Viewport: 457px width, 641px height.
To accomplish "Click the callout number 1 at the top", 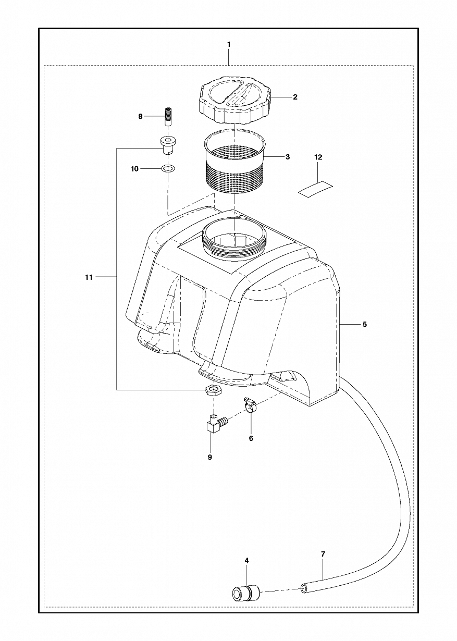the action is tap(229, 44).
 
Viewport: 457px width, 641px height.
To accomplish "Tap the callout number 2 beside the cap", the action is tap(295, 97).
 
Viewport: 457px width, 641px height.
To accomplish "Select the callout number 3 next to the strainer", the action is tap(288, 157).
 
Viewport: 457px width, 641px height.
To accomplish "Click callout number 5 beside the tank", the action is tap(365, 324).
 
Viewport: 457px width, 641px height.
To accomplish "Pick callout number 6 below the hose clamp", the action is tap(251, 438).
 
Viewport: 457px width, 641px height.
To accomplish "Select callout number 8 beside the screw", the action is tap(140, 116).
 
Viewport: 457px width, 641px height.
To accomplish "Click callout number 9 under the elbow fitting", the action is tap(210, 457).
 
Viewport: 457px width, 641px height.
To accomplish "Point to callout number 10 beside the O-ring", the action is tap(134, 169).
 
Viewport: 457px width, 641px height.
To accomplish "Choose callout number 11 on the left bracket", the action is tap(89, 277).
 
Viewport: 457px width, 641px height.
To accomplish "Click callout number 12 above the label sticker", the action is tap(318, 157).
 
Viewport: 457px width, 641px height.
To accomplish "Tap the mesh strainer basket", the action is tap(234, 162).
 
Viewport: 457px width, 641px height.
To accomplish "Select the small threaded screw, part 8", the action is tap(168, 116).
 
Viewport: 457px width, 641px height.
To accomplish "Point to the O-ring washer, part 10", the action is tap(168, 168).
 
